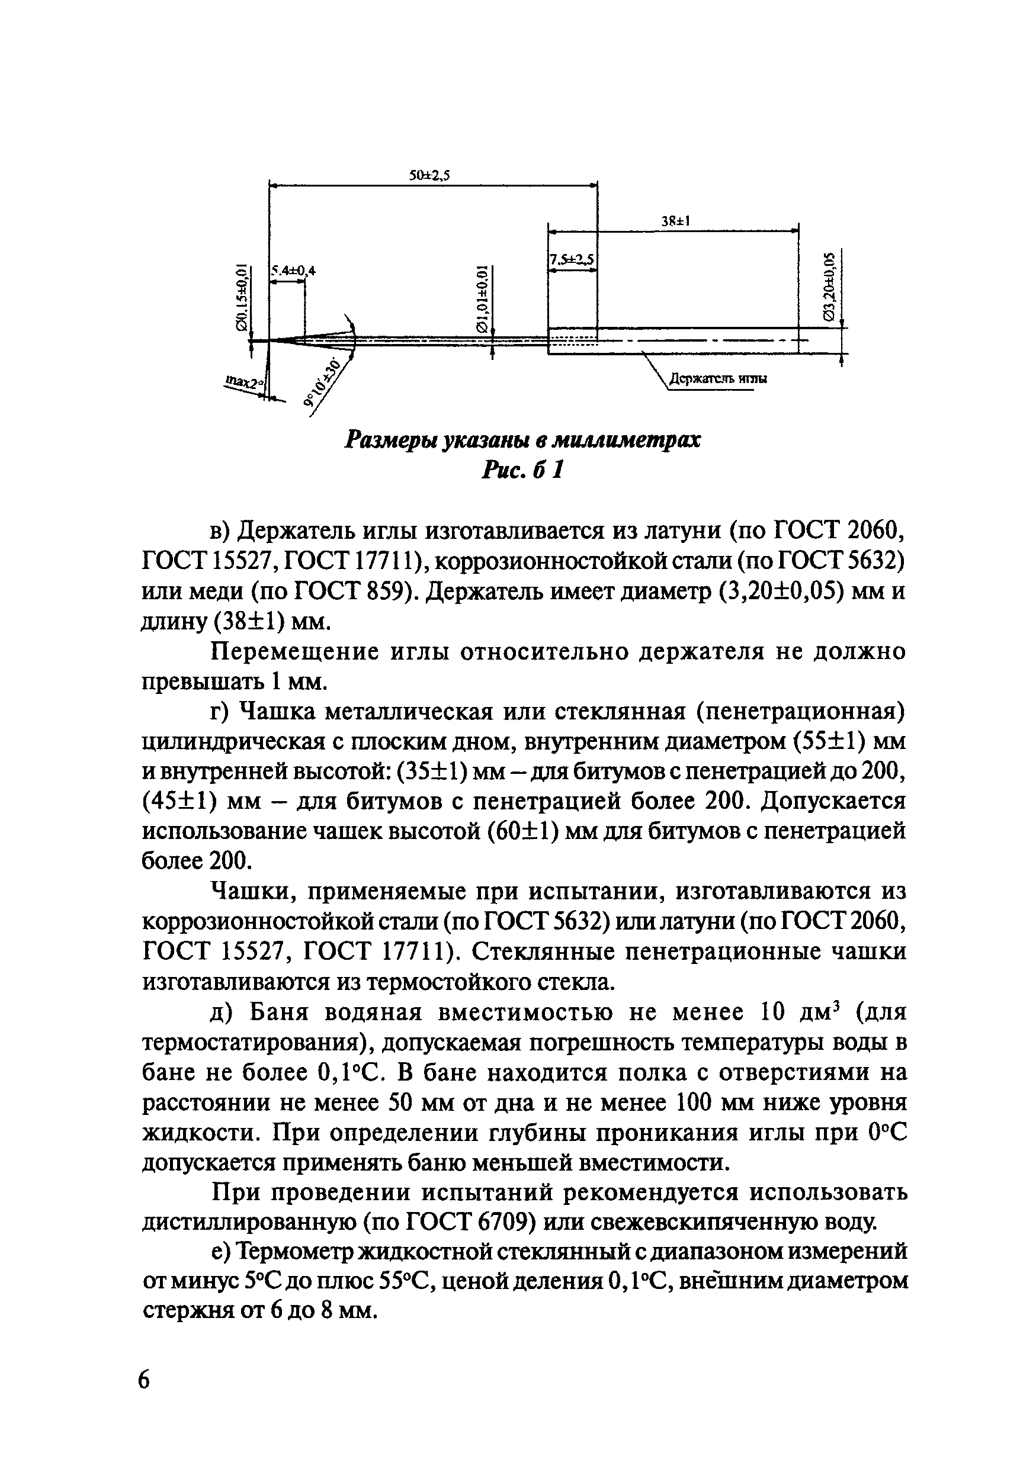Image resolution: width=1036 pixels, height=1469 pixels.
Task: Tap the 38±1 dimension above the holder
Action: tap(675, 221)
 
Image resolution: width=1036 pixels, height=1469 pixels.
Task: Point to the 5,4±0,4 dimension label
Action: tap(294, 271)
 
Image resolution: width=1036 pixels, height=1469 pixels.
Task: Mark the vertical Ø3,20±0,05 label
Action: tap(829, 286)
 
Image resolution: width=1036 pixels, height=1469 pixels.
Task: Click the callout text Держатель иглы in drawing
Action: tap(718, 379)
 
